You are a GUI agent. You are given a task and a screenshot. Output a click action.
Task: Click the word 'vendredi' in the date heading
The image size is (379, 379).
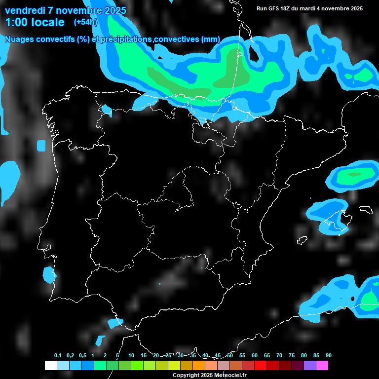click(24, 10)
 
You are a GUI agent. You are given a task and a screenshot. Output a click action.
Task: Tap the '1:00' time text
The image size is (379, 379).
click(16, 22)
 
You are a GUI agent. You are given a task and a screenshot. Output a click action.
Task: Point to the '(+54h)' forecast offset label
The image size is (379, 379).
click(85, 22)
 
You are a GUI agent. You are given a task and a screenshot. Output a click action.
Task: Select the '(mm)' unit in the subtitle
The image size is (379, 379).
click(211, 39)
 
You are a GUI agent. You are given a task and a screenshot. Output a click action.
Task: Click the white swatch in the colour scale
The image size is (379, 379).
click(50, 366)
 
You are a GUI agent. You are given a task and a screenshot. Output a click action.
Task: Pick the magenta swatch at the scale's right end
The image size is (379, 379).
click(322, 366)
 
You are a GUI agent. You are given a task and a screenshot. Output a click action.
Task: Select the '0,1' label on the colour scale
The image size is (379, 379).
click(58, 356)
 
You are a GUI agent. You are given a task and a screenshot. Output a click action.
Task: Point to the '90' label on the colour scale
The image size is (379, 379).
click(329, 356)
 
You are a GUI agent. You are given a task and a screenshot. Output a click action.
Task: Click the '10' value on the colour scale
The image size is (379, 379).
click(131, 356)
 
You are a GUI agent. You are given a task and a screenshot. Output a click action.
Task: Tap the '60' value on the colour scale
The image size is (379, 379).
click(255, 356)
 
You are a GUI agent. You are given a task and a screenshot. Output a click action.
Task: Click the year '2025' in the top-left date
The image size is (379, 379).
click(112, 10)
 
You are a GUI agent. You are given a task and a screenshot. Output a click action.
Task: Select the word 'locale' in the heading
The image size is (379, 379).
click(47, 22)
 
